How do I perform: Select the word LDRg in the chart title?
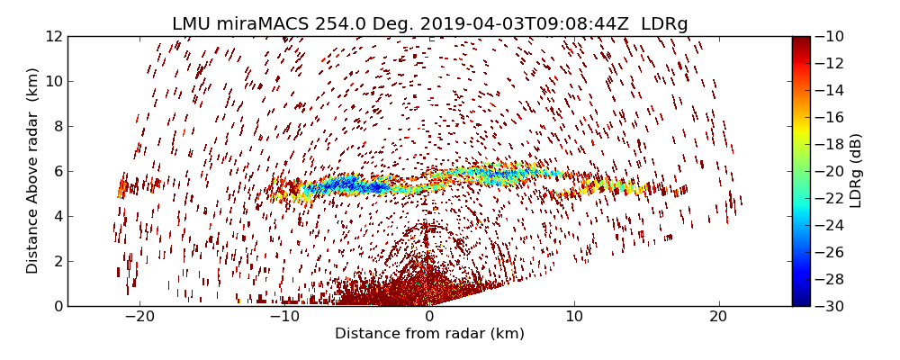[664, 24]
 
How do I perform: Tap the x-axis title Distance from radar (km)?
[429, 334]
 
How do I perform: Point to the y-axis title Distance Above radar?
[33, 170]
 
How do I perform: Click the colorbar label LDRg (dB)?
[856, 170]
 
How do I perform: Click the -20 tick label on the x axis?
[139, 317]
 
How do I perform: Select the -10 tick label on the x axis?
[283, 317]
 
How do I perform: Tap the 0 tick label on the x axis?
[429, 317]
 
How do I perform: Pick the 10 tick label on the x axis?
[574, 317]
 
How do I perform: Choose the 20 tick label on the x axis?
[718, 317]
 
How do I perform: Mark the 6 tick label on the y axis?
[58, 171]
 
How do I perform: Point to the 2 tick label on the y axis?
[58, 261]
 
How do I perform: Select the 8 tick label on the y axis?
[58, 126]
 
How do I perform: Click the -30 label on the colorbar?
[828, 306]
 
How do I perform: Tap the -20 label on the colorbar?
[828, 171]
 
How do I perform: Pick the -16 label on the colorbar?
[828, 117]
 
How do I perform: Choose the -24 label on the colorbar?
[828, 225]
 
